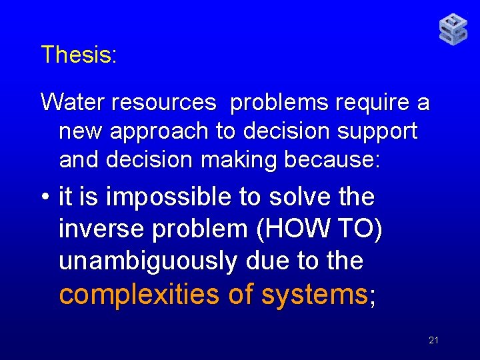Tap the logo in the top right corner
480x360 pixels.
[x=453, y=30]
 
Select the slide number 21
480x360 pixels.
[x=433, y=341]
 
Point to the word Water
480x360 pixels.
[x=73, y=103]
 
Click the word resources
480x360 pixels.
[x=164, y=103]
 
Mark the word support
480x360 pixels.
[x=379, y=132]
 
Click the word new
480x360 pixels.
[x=81, y=132]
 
